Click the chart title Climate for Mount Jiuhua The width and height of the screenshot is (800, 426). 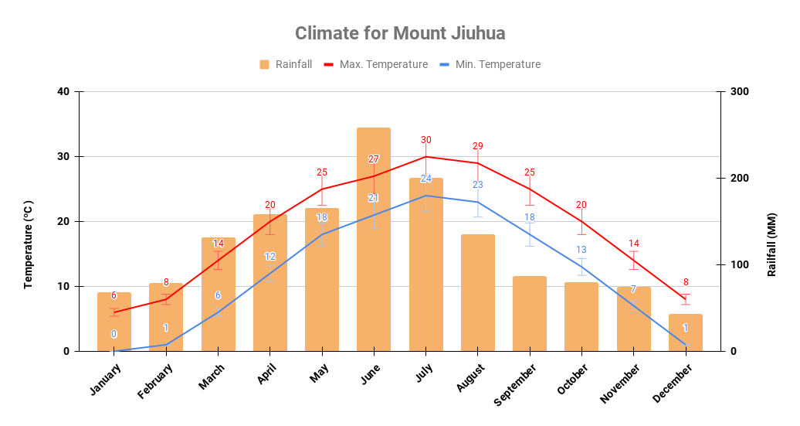pos(400,33)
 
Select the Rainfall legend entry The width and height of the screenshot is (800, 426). pos(286,64)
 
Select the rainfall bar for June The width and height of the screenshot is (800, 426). pos(374,240)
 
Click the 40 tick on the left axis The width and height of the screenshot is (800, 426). pos(63,92)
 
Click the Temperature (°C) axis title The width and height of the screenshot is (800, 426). pos(29,244)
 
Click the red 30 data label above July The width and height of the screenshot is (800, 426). pos(426,140)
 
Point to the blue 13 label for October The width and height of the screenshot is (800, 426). pos(581,250)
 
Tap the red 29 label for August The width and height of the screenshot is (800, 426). pos(478,146)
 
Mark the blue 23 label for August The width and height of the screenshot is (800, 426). pos(478,185)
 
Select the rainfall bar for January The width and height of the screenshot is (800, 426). pos(114,322)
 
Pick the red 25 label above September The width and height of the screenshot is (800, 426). pos(530,172)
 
